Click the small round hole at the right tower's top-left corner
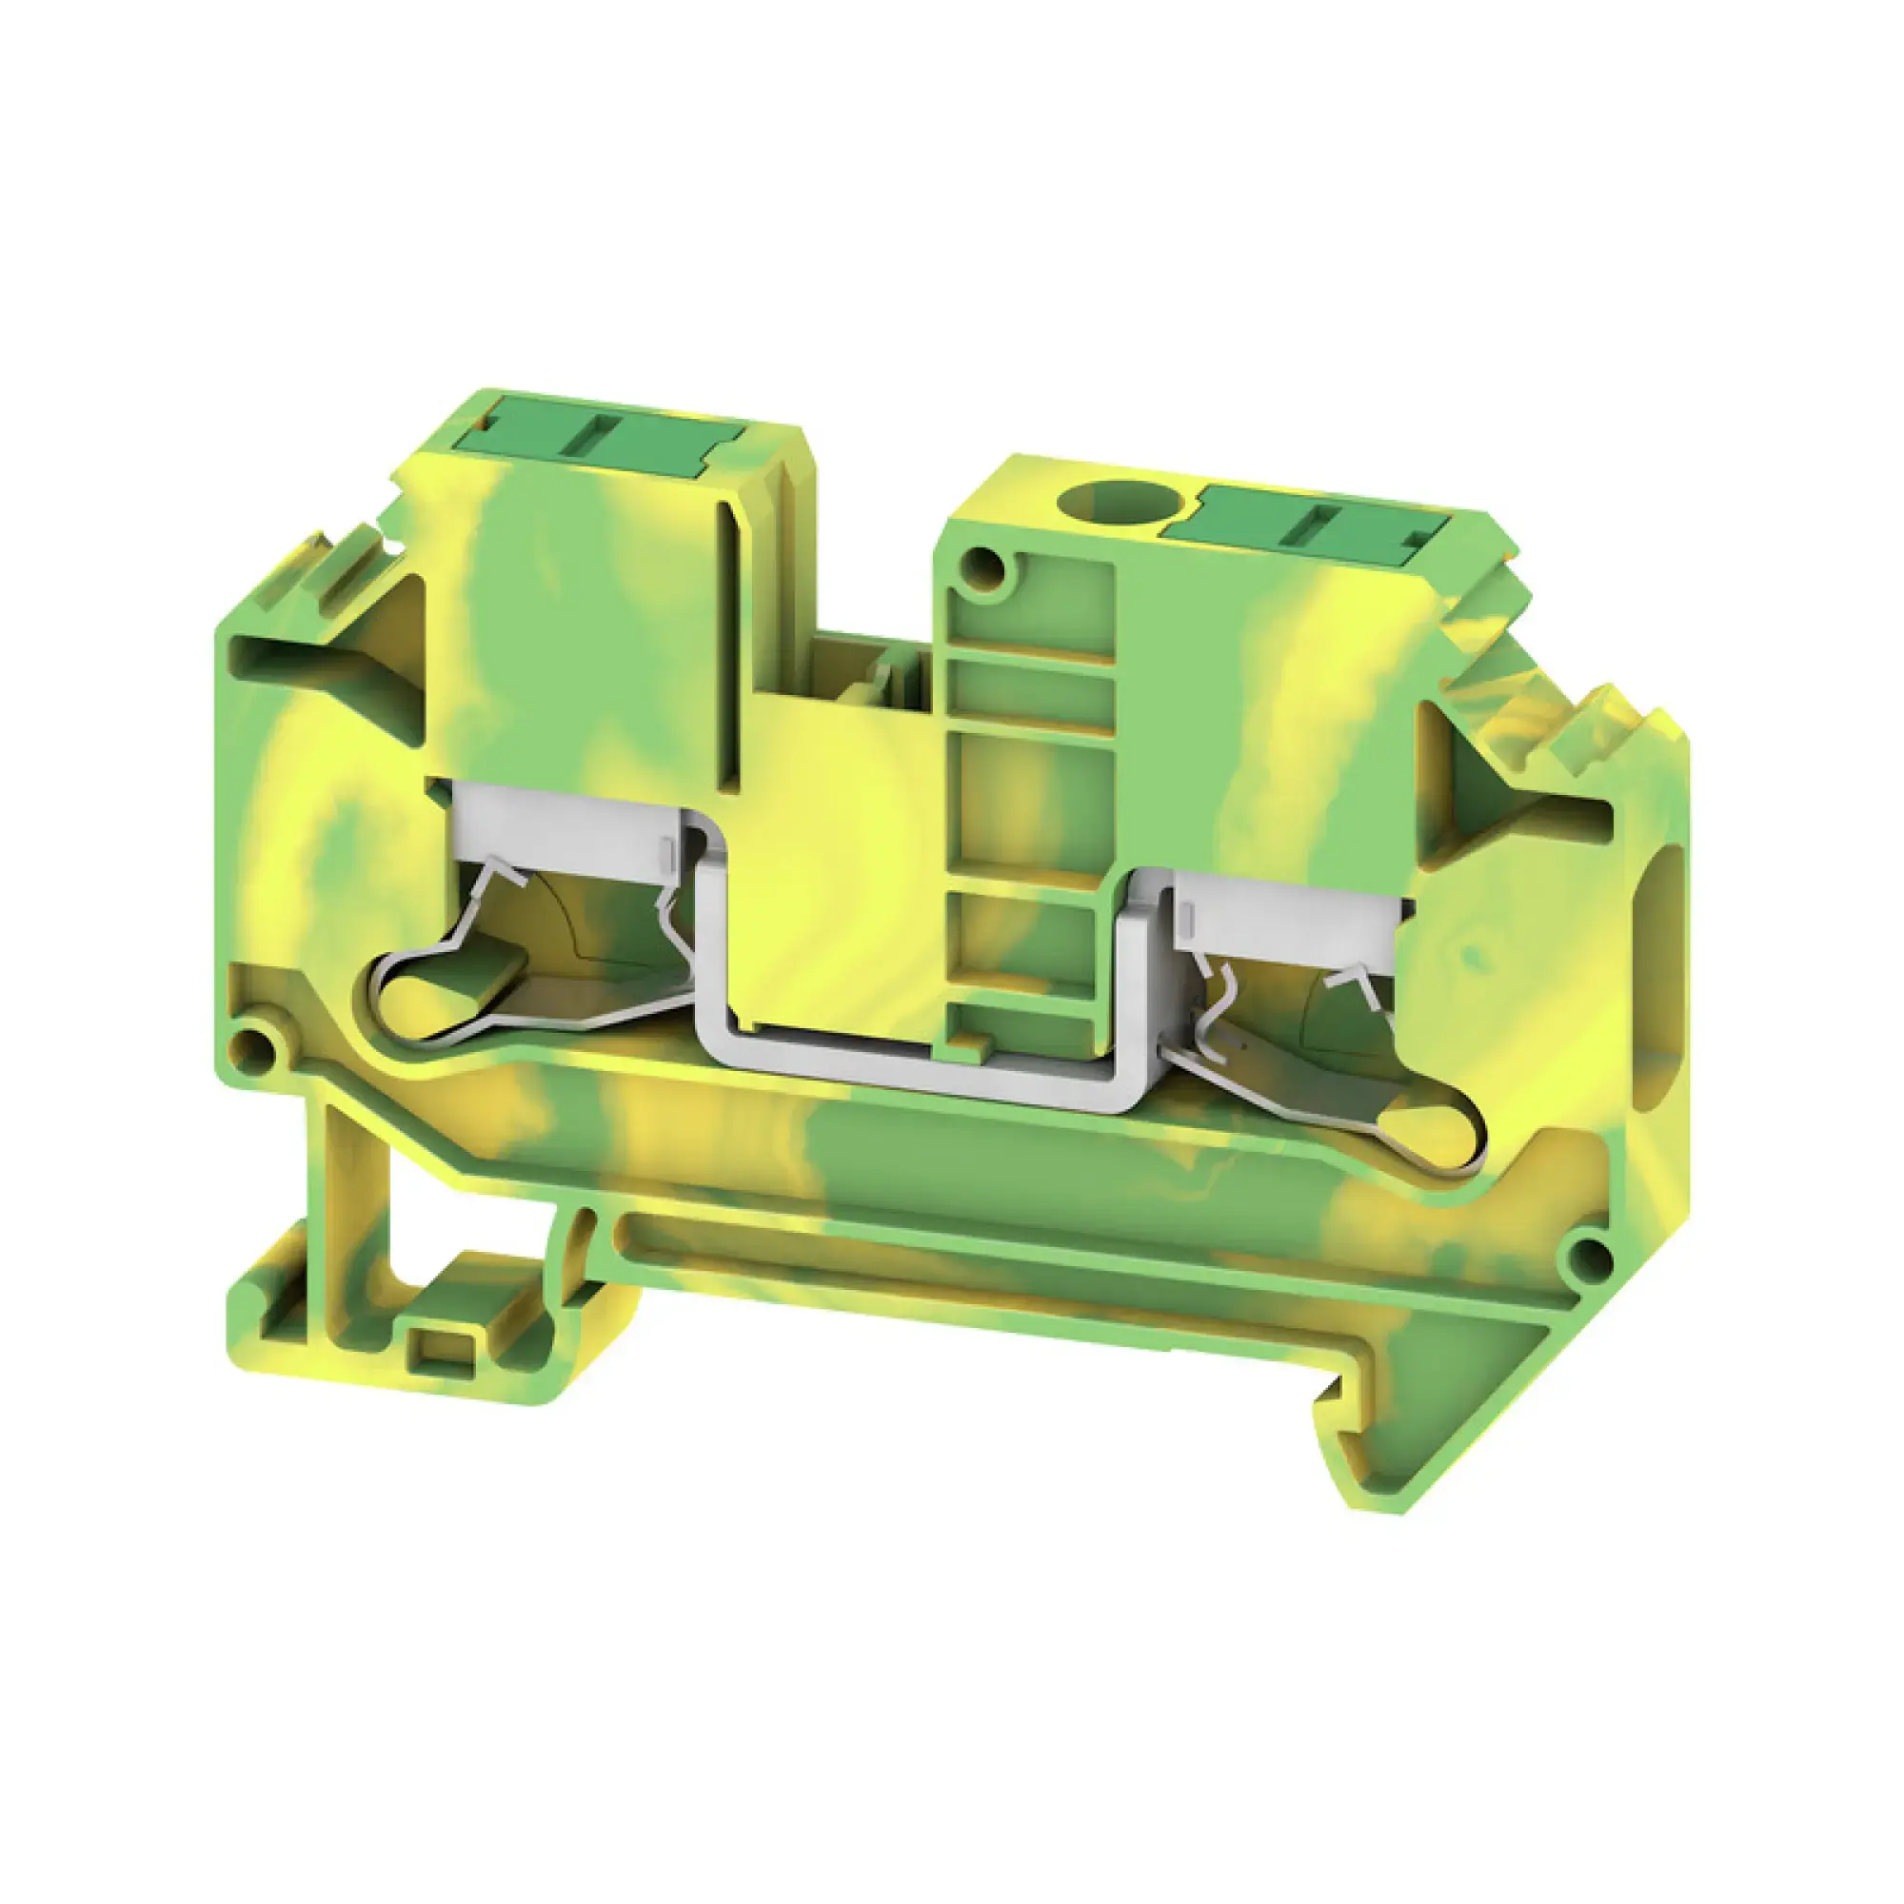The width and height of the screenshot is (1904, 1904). [982, 566]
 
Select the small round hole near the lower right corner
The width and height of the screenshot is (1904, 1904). [1586, 1256]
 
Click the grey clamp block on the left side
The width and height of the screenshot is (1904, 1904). [562, 829]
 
